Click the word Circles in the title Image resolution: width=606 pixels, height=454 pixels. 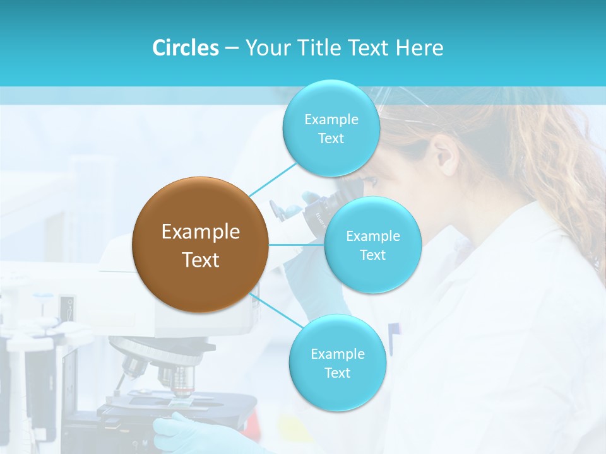point(186,47)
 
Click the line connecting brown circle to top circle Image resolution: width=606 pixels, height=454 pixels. point(273,178)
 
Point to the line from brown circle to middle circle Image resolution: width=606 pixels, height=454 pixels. point(296,245)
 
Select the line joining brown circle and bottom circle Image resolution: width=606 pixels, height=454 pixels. point(277,310)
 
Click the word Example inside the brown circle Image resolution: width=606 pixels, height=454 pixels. point(201,232)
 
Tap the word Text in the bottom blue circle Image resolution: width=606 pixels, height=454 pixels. point(337,373)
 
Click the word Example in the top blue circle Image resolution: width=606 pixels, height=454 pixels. point(331,119)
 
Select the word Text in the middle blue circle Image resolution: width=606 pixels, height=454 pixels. point(372,255)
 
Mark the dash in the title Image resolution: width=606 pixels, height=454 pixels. point(232,48)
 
